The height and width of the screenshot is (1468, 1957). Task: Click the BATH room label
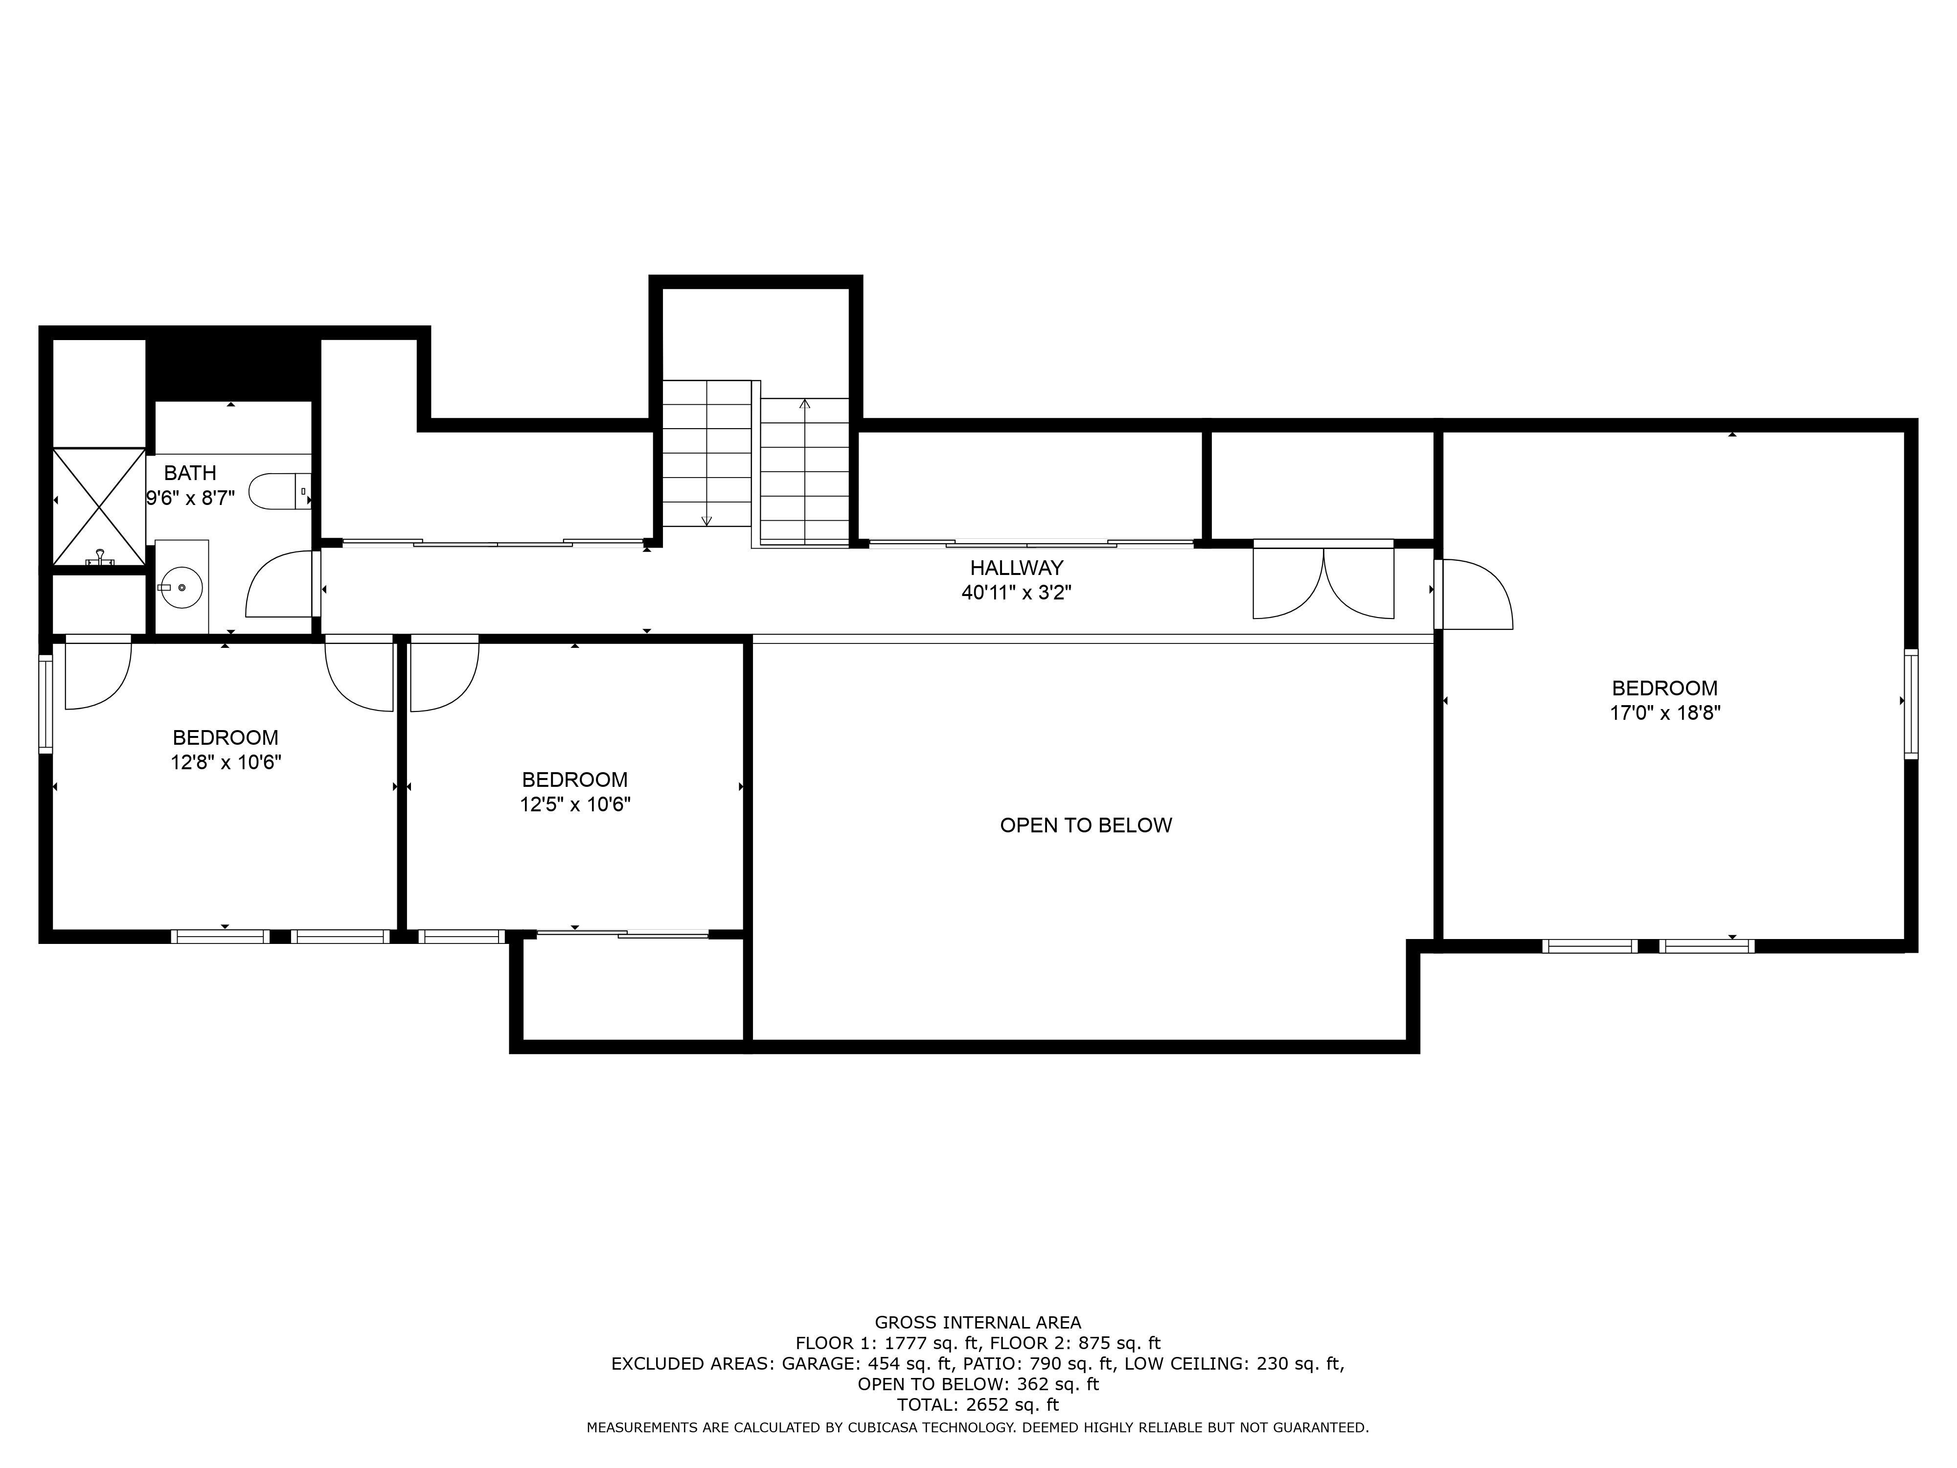coord(190,473)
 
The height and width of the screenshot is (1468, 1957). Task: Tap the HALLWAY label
coord(1017,568)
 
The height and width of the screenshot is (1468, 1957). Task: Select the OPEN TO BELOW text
coord(1086,825)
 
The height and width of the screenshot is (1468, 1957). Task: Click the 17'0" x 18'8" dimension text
coord(1665,713)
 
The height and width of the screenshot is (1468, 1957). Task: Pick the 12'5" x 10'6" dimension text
coord(575,804)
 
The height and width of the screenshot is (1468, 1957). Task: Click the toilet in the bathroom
coord(279,491)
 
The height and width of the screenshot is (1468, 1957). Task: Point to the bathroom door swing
coord(281,583)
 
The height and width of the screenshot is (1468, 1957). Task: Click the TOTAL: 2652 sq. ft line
coord(978,1404)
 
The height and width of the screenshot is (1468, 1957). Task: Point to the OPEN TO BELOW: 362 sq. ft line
coord(978,1384)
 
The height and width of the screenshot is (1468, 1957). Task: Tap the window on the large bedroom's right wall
coord(1911,704)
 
